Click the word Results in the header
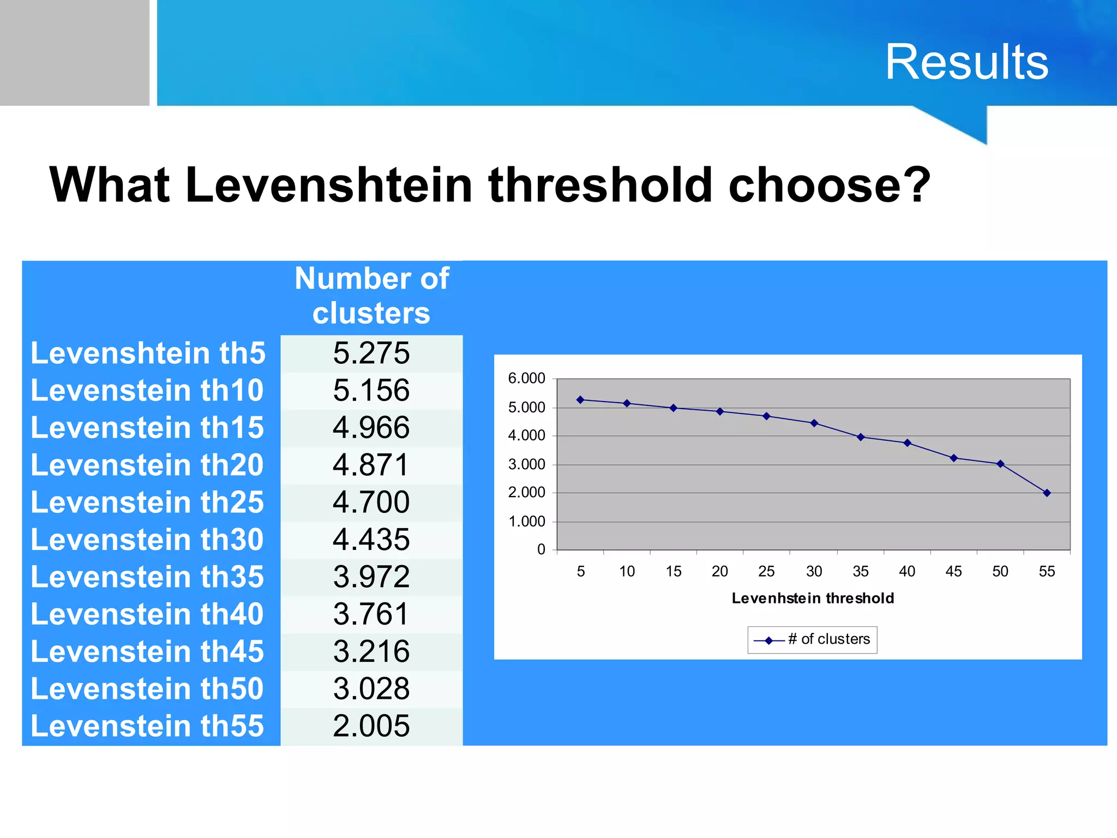966,62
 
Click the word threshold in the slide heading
600,185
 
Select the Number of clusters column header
371,296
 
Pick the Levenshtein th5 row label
148,353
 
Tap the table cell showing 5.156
371,391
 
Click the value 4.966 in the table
371,428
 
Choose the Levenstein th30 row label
147,540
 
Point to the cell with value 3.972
371,577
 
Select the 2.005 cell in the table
371,726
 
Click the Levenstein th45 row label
147,651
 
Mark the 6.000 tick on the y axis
526,378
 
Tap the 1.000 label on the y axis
526,522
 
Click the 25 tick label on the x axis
766,571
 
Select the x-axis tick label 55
1047,571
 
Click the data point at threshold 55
1047,493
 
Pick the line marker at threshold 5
580,400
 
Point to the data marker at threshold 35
861,437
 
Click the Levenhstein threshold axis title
813,598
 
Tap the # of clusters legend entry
812,639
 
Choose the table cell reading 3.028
371,689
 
